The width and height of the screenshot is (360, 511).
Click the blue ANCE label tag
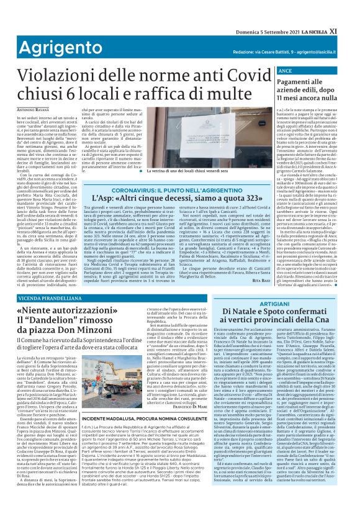pos(282,72)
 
